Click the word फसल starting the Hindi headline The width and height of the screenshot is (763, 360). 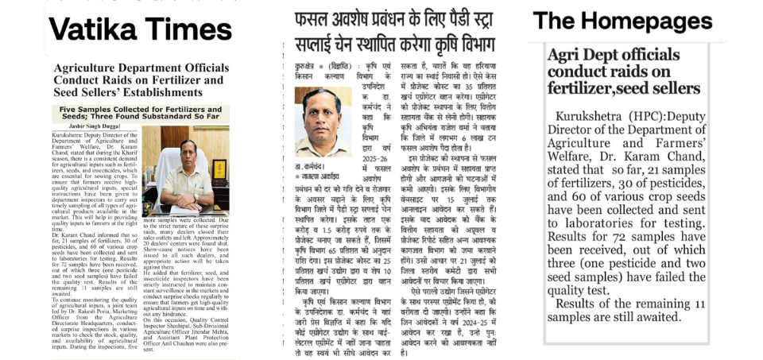pos(312,18)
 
